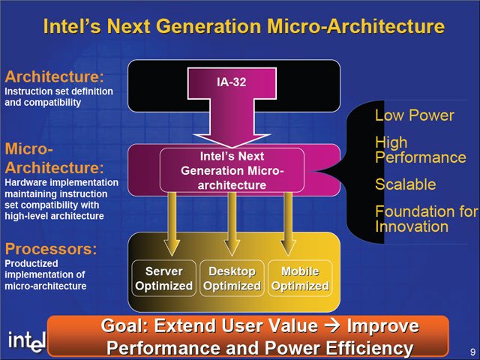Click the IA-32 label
click(x=232, y=82)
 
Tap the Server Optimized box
click(x=163, y=278)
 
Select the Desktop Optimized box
click(x=232, y=278)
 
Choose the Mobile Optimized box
click(x=300, y=278)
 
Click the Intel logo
click(x=27, y=341)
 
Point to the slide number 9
click(x=472, y=351)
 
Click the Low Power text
click(x=415, y=115)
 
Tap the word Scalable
click(x=406, y=184)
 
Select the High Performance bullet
click(x=421, y=150)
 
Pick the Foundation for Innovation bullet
click(x=427, y=219)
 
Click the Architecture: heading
click(x=55, y=76)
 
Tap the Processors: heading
click(x=51, y=248)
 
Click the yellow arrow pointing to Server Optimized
click(x=172, y=224)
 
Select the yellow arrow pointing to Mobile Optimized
click(x=288, y=224)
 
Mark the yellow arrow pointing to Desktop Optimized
click(x=232, y=224)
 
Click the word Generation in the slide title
click(x=208, y=26)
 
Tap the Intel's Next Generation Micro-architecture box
click(x=232, y=170)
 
